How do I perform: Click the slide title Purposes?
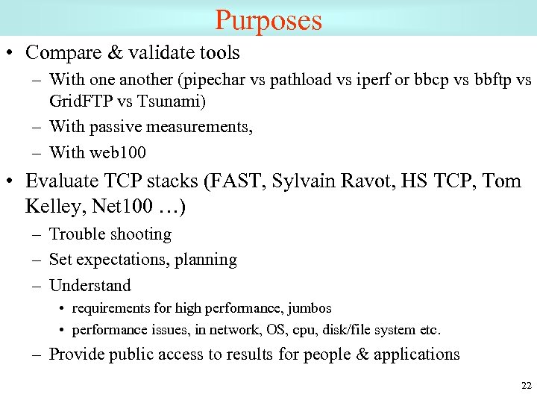pyautogui.click(x=268, y=19)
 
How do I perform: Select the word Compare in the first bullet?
pyautogui.click(x=57, y=53)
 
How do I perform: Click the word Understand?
pyautogui.click(x=89, y=286)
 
